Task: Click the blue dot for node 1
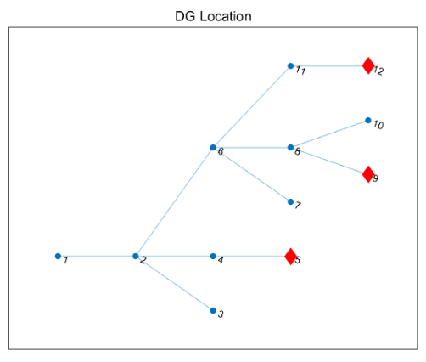click(58, 256)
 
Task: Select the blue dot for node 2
click(136, 256)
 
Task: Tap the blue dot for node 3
click(213, 310)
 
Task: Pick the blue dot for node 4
click(213, 256)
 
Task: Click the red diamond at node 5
click(290, 257)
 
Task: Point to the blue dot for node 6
click(213, 147)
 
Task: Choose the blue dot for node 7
click(290, 201)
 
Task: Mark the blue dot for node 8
click(290, 147)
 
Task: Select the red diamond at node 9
click(368, 174)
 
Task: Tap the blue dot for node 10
click(368, 121)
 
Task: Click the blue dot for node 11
click(290, 66)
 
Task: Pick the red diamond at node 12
click(368, 65)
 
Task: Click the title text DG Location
click(213, 16)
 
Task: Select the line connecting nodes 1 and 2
click(97, 256)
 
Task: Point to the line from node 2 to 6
click(174, 201)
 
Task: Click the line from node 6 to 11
click(252, 107)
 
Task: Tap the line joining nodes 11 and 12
click(329, 66)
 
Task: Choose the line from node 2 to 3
click(174, 283)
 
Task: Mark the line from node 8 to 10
click(329, 134)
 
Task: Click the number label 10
click(378, 125)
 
